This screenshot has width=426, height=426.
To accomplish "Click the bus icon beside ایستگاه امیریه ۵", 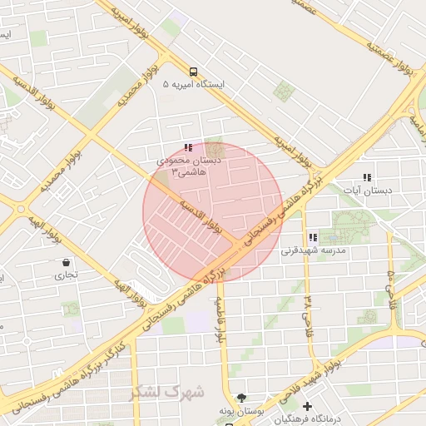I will (194, 72).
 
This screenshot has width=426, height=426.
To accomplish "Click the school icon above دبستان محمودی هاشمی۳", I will (187, 147).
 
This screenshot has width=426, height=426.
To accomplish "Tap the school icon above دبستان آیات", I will (367, 177).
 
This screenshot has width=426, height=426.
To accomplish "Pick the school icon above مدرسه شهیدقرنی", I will (313, 237).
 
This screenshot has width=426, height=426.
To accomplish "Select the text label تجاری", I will (66, 273).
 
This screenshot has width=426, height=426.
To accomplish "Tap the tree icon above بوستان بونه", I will (241, 398).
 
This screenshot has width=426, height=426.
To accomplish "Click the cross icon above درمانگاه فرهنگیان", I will (308, 407).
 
